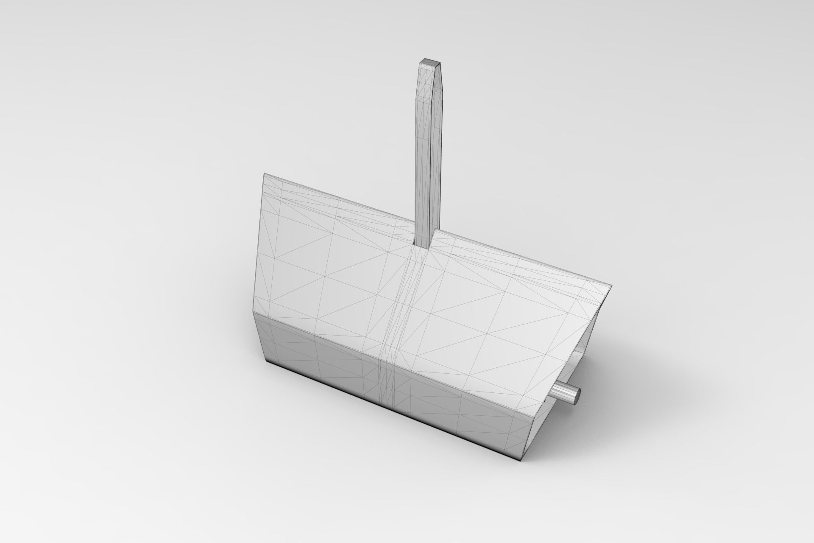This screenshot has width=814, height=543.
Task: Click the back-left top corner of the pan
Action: coord(264,174)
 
